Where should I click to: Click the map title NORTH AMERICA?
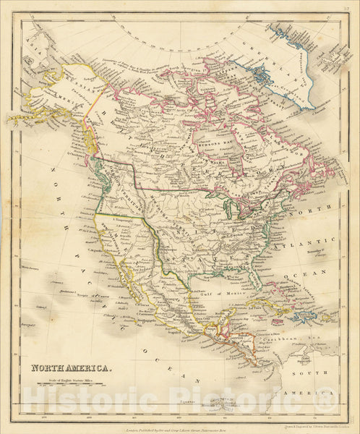click(x=71, y=368)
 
